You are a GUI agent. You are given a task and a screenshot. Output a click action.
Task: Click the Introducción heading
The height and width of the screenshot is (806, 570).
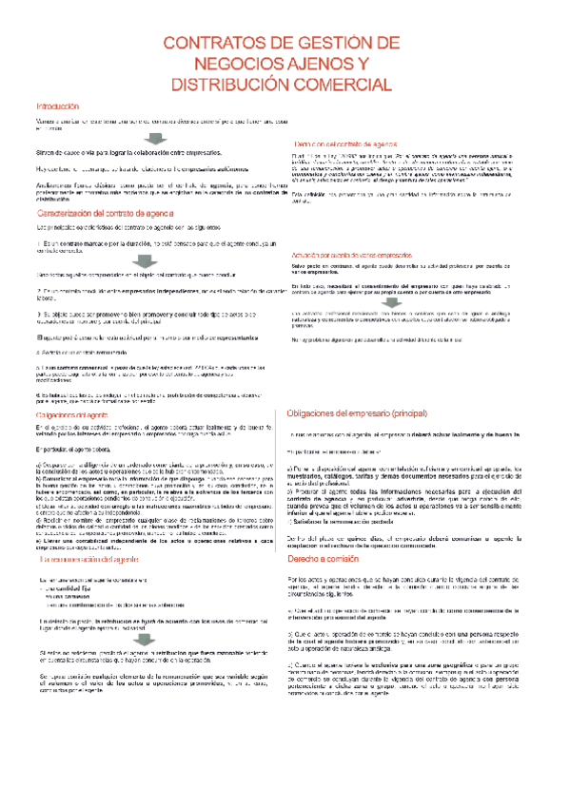click(x=58, y=106)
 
